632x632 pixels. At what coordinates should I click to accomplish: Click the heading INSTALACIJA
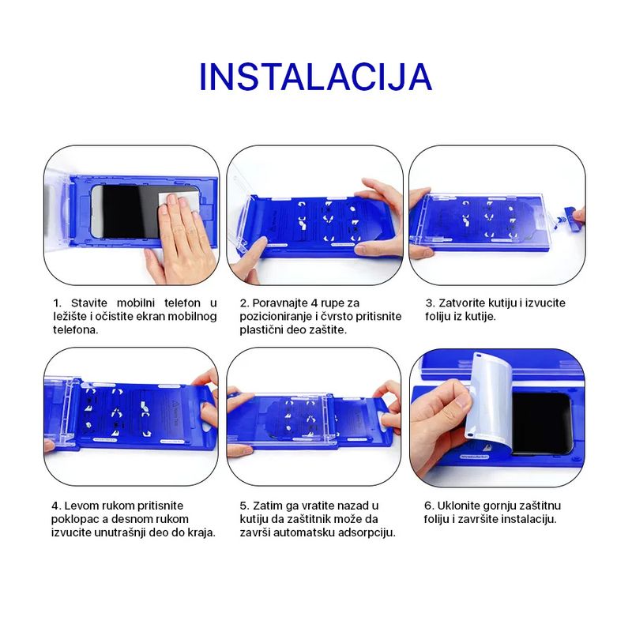pyautogui.click(x=315, y=76)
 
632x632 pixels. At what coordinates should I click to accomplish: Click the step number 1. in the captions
pyautogui.click(x=57, y=303)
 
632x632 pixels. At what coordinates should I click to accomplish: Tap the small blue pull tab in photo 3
pyautogui.click(x=567, y=214)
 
